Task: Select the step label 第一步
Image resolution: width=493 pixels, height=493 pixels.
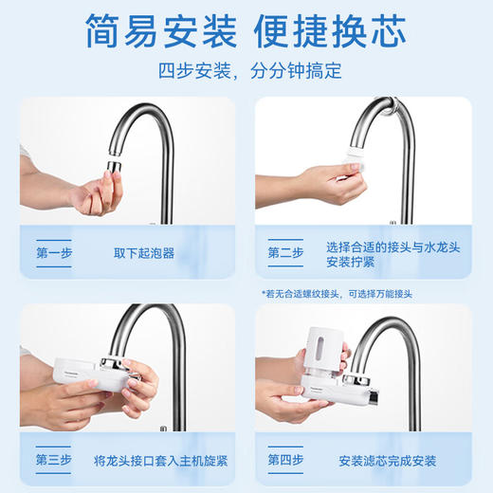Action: point(54,253)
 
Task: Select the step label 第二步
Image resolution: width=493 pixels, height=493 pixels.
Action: point(285,253)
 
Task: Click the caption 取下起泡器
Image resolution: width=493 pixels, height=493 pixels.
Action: point(143,253)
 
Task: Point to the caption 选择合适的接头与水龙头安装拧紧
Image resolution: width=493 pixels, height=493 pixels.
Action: point(378,253)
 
